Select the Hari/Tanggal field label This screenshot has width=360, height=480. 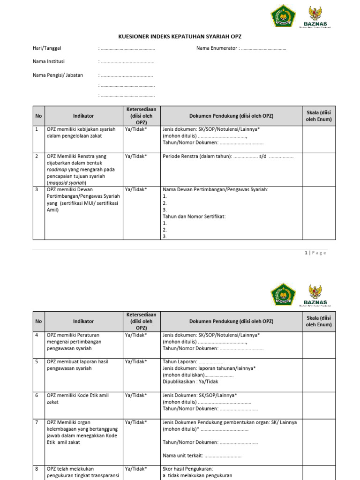coord(47,48)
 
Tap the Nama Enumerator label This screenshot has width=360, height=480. coord(217,48)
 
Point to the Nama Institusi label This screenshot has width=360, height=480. coord(49,61)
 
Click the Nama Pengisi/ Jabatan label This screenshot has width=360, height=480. coord(58,75)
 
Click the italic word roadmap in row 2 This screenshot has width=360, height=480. coord(56,169)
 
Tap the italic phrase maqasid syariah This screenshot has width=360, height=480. coord(67,183)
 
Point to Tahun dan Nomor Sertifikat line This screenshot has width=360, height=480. coord(194,216)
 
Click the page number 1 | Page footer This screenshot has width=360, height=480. coord(315,253)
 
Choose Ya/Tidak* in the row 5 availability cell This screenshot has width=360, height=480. coord(135,361)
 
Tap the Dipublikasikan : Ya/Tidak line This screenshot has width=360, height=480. coord(190,382)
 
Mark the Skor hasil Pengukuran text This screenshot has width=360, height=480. coord(187,469)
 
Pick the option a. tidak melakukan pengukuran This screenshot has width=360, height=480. coord(197,475)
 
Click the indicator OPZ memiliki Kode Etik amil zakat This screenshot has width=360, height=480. coord(77,398)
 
